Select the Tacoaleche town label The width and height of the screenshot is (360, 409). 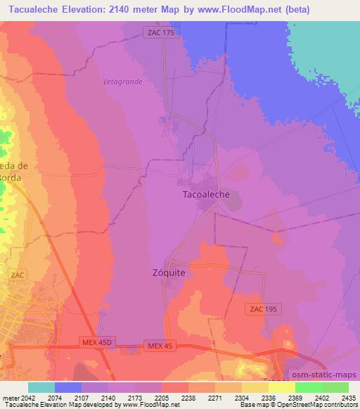tap(206, 195)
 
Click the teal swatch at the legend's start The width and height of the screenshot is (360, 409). tap(41, 387)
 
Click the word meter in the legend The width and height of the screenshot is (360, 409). tap(10, 397)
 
